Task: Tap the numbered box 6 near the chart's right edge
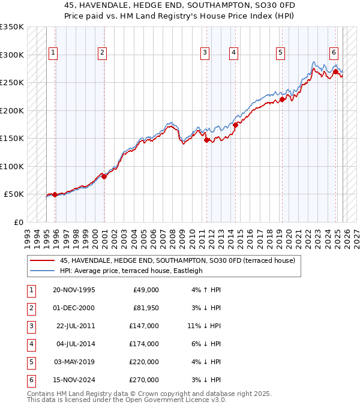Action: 334,52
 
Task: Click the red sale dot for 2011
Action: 206,140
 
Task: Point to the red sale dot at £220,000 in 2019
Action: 281,100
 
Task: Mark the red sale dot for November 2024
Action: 335,71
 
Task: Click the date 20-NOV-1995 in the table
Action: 74,290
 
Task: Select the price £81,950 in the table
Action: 144,308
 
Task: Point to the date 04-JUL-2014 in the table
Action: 74,344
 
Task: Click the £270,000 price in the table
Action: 144,380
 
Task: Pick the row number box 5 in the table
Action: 31,362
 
